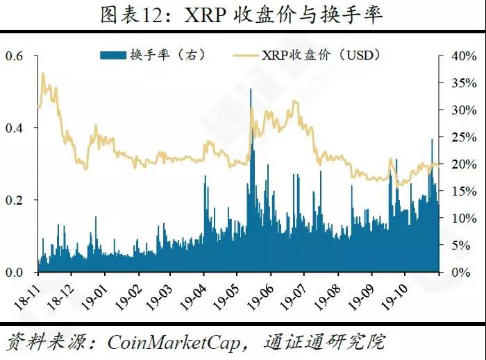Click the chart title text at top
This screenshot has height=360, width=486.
pyautogui.click(x=242, y=16)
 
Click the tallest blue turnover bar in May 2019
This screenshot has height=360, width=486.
pyautogui.click(x=251, y=90)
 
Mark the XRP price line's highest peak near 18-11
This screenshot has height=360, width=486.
pyautogui.click(x=43, y=73)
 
